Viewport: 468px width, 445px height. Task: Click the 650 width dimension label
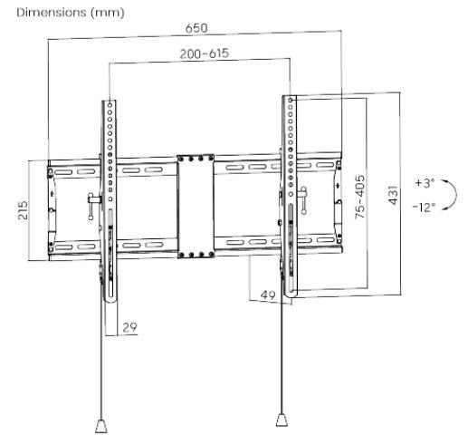tap(196, 28)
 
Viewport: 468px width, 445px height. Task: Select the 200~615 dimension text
tap(205, 53)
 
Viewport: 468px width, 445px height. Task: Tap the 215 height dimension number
tap(23, 210)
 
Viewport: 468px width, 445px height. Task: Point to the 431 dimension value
tap(393, 195)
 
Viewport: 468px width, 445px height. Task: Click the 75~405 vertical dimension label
tap(359, 197)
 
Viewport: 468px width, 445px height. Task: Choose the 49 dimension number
tap(268, 295)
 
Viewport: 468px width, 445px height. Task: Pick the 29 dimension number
tap(129, 327)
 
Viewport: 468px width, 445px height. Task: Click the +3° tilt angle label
tap(425, 183)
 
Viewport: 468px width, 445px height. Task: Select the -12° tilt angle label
tap(424, 208)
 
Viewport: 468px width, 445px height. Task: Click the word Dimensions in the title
tap(52, 13)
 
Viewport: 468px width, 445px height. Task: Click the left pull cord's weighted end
tap(101, 426)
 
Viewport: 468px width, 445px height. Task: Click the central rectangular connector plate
tap(196, 207)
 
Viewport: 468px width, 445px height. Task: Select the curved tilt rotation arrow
tap(451, 194)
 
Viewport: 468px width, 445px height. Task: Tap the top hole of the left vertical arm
tap(110, 104)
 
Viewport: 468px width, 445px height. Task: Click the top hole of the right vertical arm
tap(291, 100)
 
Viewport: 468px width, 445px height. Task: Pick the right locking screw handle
tap(303, 200)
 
